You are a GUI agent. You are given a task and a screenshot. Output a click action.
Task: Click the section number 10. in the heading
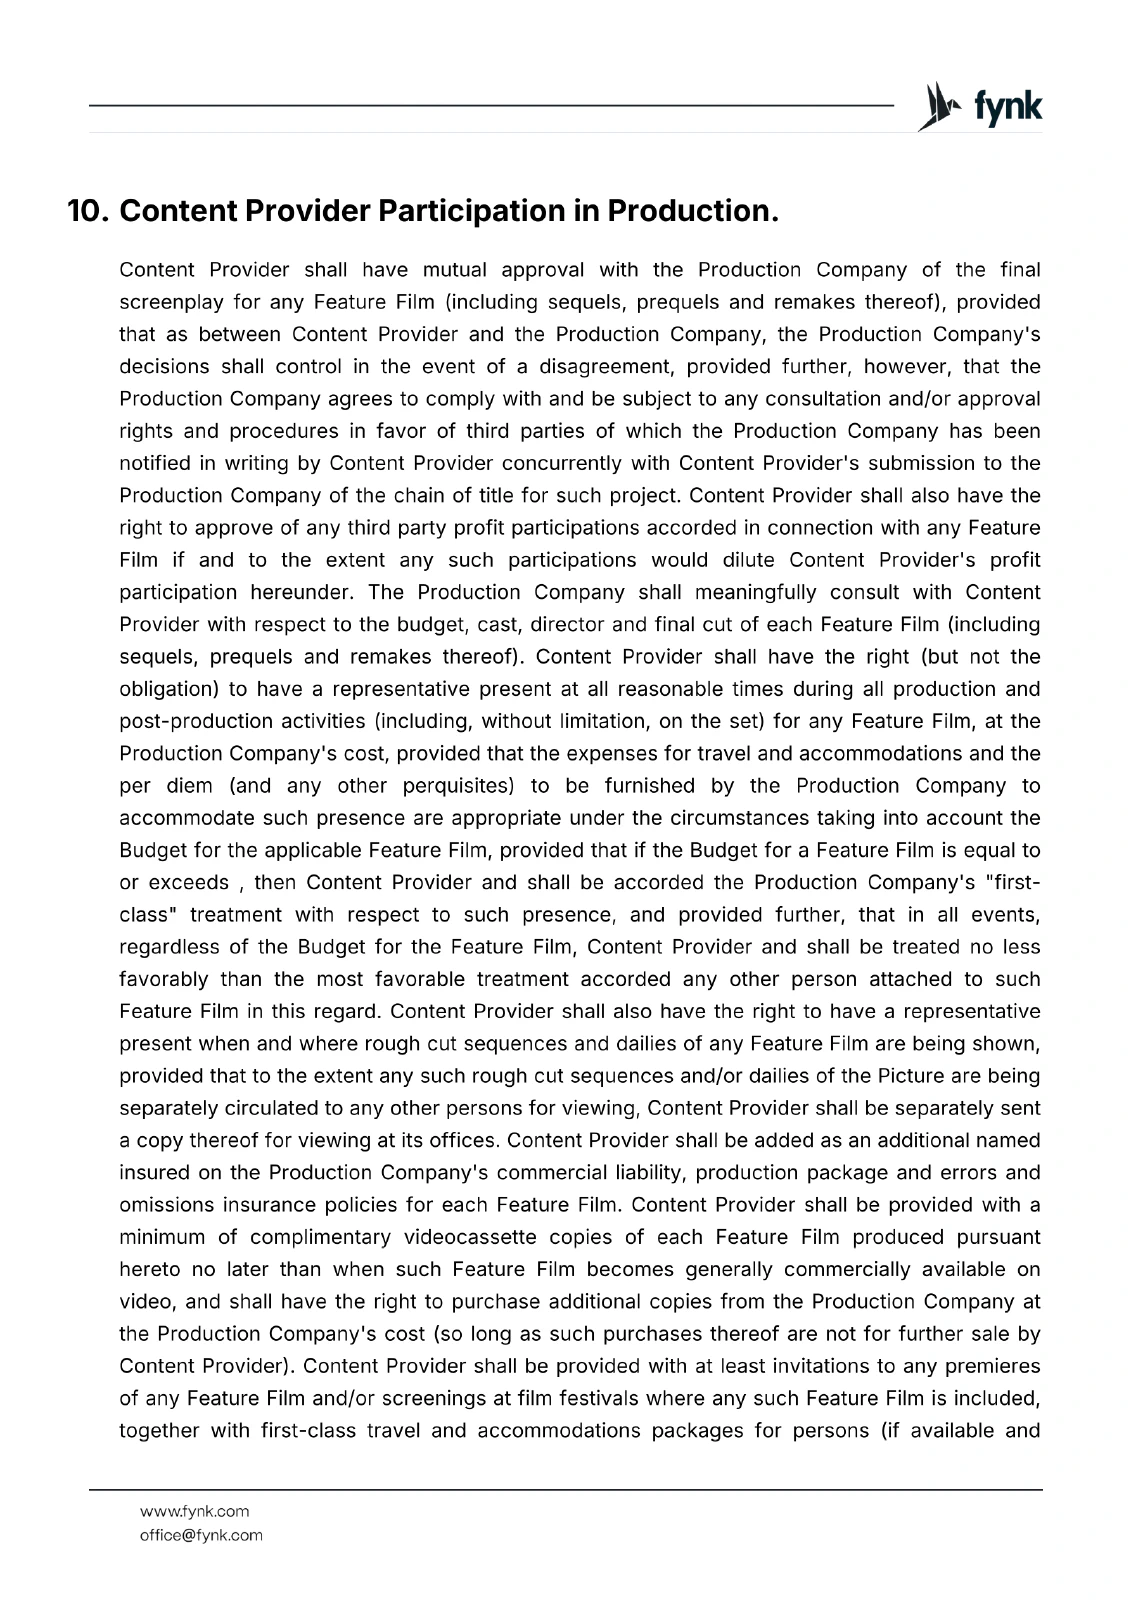[x=88, y=211]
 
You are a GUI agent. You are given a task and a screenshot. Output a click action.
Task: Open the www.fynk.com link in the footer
[x=194, y=1511]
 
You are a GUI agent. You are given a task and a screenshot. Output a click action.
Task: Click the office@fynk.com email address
[x=201, y=1535]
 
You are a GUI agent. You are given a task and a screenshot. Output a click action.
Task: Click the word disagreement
[x=605, y=366]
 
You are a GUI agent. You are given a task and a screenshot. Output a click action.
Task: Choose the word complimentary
[x=320, y=1237]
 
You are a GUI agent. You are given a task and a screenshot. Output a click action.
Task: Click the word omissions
[x=164, y=1205]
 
